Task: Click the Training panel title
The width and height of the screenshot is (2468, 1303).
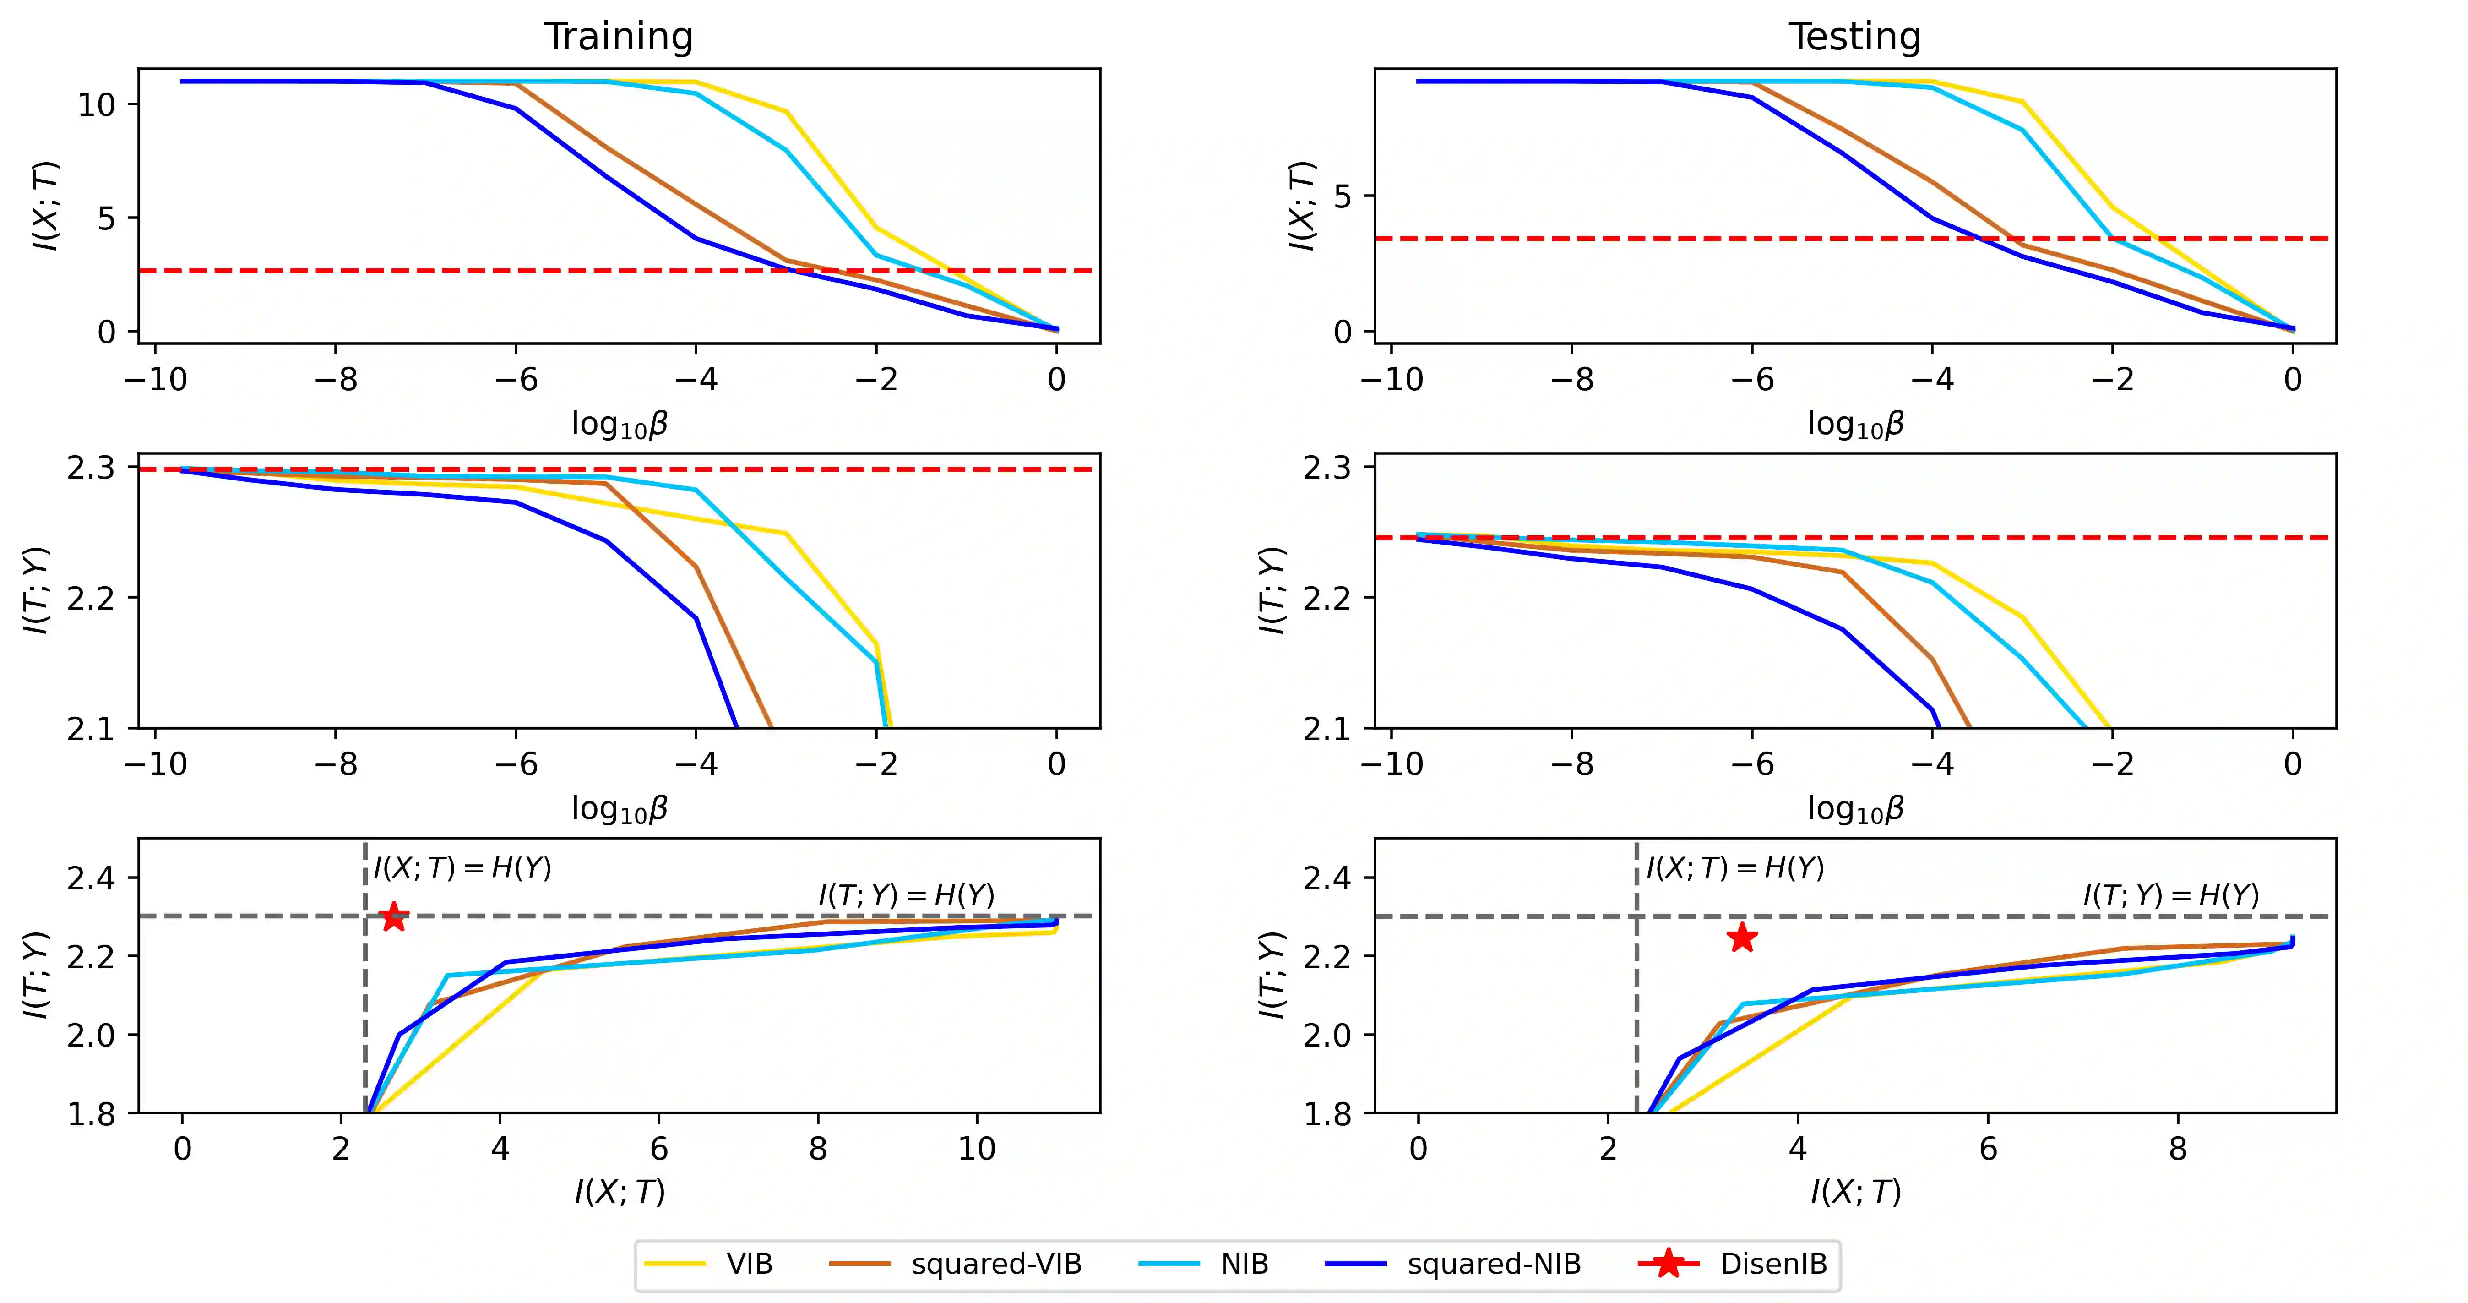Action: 619,36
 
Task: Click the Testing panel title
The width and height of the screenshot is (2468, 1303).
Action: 1855,36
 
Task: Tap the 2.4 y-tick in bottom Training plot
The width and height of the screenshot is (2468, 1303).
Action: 90,878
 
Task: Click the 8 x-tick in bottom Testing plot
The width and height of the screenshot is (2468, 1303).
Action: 2178,1149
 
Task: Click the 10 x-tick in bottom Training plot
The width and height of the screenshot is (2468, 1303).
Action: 976,1149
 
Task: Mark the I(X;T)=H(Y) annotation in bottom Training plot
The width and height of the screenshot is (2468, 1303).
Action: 463,868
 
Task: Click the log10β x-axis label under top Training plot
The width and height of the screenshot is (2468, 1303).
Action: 619,424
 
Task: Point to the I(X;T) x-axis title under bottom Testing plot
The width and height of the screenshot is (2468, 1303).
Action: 1855,1192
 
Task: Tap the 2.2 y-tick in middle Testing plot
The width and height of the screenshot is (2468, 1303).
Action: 1326,598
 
